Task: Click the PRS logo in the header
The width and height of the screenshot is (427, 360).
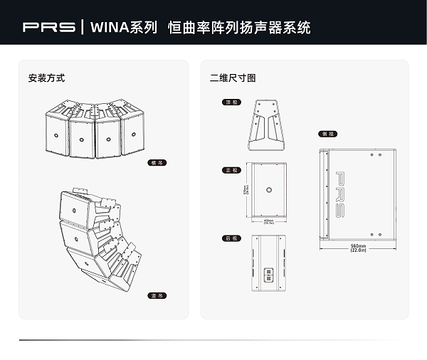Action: click(48, 28)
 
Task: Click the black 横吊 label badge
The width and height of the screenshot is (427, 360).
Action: click(157, 163)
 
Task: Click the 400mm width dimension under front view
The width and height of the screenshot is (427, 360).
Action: click(269, 223)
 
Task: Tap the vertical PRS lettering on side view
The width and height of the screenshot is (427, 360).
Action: click(340, 194)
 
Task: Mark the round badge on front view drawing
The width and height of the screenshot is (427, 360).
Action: click(269, 189)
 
